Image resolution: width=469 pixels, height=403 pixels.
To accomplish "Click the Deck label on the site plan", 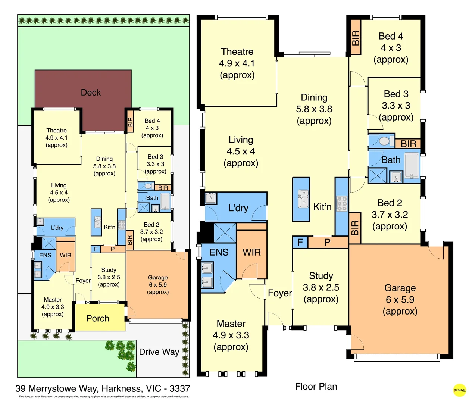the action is tap(91, 93).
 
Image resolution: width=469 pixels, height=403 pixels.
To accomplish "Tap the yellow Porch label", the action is tap(98, 318).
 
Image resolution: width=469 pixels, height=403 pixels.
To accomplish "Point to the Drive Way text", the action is tap(159, 352).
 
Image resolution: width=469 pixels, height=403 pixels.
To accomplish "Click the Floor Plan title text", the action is tap(316, 387).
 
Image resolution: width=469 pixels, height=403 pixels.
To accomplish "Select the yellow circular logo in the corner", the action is tap(459, 390).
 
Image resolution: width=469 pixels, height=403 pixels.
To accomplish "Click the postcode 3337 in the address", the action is tap(179, 389).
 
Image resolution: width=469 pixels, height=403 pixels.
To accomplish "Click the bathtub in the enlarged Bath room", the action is tap(412, 165).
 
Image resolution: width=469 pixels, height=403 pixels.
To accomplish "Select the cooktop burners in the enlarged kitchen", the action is tap(342, 204).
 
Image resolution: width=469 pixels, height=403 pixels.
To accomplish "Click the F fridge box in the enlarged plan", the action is tap(300, 243).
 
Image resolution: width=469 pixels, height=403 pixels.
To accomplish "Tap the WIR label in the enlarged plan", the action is tap(252, 252).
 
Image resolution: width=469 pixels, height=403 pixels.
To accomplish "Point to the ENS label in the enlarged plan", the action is tap(219, 252).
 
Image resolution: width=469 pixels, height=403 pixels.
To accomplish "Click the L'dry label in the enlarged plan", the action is tap(238, 208).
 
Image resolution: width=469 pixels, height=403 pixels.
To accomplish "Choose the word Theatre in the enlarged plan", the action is tap(237, 51).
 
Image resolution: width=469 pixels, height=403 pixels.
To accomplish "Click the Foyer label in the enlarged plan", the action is tap(280, 293).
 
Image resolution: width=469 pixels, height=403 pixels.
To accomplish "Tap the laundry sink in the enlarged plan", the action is tap(211, 197).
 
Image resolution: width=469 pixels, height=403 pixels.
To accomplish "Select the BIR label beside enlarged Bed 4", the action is tap(356, 38).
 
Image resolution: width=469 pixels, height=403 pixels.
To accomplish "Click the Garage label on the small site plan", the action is tap(158, 278).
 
